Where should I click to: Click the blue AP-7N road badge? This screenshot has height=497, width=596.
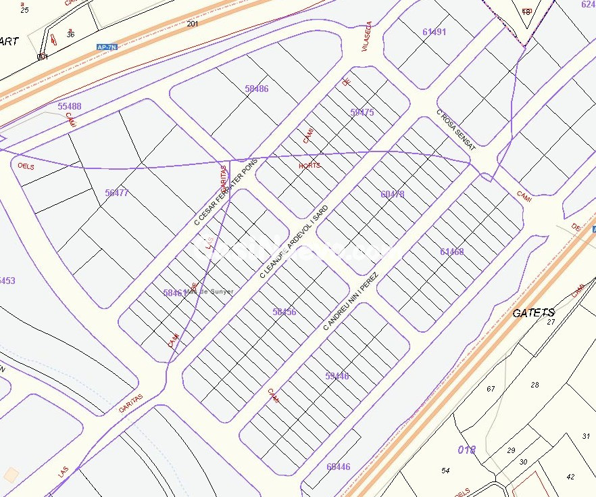coord(107,47)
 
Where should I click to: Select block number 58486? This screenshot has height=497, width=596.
coord(257,89)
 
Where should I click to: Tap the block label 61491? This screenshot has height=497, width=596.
coord(434,32)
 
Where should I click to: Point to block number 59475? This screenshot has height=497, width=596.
coord(362,112)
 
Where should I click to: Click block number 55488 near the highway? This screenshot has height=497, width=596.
coord(69,106)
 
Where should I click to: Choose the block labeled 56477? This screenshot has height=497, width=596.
coord(116,193)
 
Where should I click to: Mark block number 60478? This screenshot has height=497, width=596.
coord(393,194)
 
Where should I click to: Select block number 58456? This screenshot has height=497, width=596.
coord(284,312)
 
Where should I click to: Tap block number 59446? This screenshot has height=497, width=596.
coord(337,376)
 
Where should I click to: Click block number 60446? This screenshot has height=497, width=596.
coord(338,467)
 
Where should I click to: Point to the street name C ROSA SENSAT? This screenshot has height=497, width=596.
coord(456,130)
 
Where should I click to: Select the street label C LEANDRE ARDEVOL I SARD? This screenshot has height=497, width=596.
coord(294,241)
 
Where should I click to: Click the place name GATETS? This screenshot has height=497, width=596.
coord(533,312)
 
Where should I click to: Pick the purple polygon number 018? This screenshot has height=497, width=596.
coord(467,450)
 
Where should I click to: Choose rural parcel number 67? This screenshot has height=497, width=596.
coord(491,389)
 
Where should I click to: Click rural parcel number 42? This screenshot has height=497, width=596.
coord(570,477)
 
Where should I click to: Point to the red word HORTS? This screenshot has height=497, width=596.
coord(309,166)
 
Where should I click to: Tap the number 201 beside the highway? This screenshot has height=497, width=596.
coord(193,24)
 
